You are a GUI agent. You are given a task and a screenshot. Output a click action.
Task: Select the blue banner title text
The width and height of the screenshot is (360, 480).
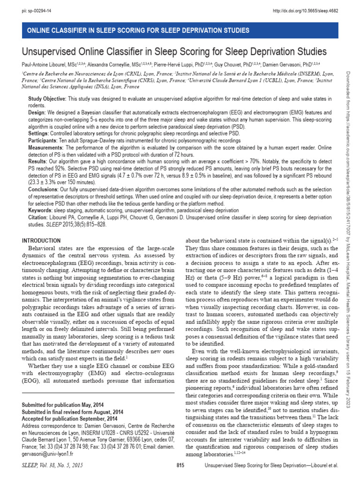pos(138,30)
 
